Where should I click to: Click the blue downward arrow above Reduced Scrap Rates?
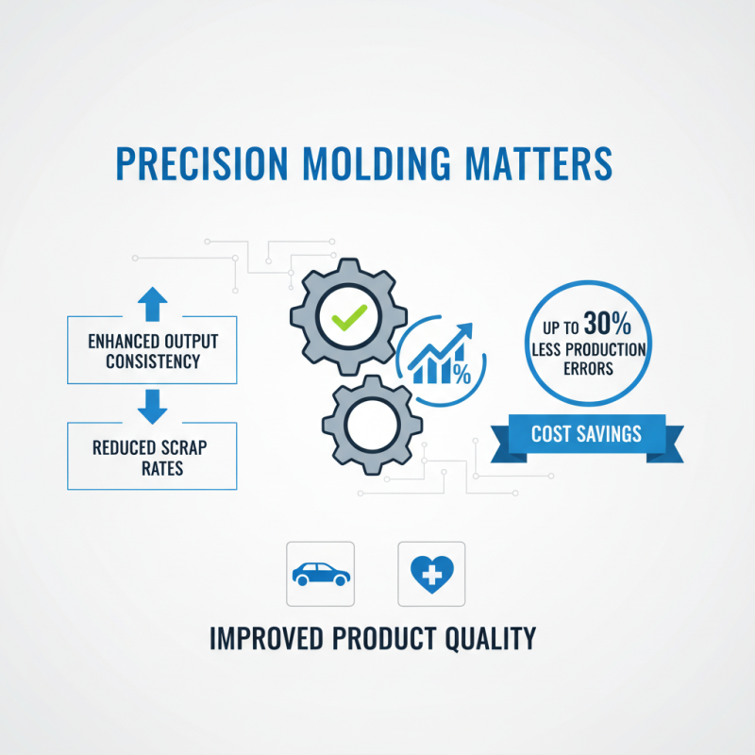[152, 404]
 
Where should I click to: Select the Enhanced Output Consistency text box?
[151, 349]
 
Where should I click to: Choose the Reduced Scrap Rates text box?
[151, 456]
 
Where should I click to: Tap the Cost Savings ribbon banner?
[585, 434]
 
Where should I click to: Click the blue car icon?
[320, 573]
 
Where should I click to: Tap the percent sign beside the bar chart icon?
[461, 374]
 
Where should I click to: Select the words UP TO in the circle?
[558, 328]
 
